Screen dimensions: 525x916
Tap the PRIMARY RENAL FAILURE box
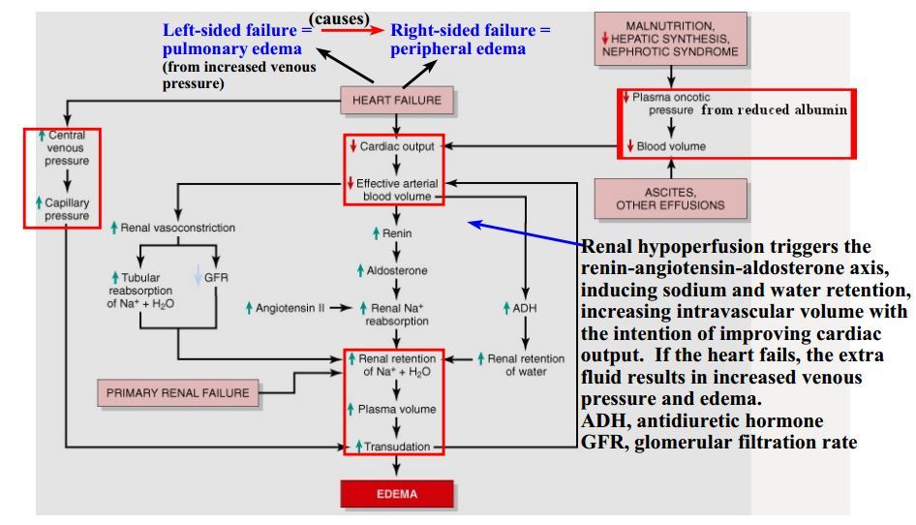pos(176,393)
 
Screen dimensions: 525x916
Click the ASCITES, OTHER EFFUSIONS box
pos(669,200)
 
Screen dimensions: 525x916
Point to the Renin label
pos(392,234)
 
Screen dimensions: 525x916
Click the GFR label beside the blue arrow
pos(215,277)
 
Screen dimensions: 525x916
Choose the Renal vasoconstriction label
pos(177,229)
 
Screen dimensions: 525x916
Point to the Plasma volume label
pos(396,410)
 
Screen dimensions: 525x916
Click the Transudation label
pos(396,447)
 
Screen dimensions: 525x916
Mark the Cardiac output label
pos(397,146)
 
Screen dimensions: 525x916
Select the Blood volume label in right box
pos(668,146)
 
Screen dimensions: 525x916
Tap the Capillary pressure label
pos(66,210)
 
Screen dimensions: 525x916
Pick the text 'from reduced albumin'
pos(775,109)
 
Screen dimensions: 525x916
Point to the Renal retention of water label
pos(524,364)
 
